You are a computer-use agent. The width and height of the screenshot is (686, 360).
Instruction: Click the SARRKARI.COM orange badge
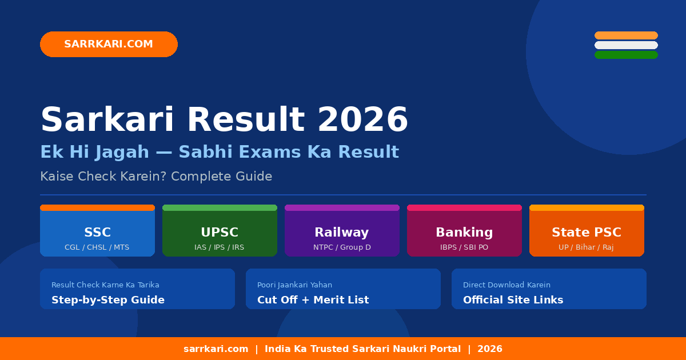coord(109,44)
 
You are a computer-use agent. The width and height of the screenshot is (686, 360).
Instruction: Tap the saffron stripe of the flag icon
coord(626,35)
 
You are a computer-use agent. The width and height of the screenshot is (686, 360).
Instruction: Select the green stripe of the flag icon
coord(626,55)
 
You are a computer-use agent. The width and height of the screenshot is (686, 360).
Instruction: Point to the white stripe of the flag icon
coord(626,45)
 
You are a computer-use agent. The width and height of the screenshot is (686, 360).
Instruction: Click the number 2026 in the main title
coord(362,121)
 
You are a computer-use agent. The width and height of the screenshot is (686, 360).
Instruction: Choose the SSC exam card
coord(97,231)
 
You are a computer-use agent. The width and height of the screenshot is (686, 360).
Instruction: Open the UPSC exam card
coord(220,231)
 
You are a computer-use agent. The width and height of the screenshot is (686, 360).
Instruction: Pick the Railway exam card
coord(342,231)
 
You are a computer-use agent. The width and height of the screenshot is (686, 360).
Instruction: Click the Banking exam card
coord(464,231)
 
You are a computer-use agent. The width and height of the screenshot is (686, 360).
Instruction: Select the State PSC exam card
coord(587,231)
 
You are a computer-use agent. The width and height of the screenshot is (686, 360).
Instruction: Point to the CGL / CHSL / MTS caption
coord(97,247)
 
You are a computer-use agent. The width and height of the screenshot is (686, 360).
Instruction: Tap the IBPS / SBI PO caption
coord(464,247)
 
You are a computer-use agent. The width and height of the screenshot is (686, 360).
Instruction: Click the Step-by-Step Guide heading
coord(108,300)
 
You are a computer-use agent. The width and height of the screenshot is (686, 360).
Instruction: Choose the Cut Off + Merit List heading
coord(313,300)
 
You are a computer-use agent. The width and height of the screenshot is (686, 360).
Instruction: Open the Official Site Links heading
coord(513,300)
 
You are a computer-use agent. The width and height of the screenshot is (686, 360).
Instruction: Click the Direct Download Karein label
coord(506,285)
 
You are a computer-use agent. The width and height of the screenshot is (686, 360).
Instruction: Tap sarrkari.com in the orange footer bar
coord(216,349)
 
